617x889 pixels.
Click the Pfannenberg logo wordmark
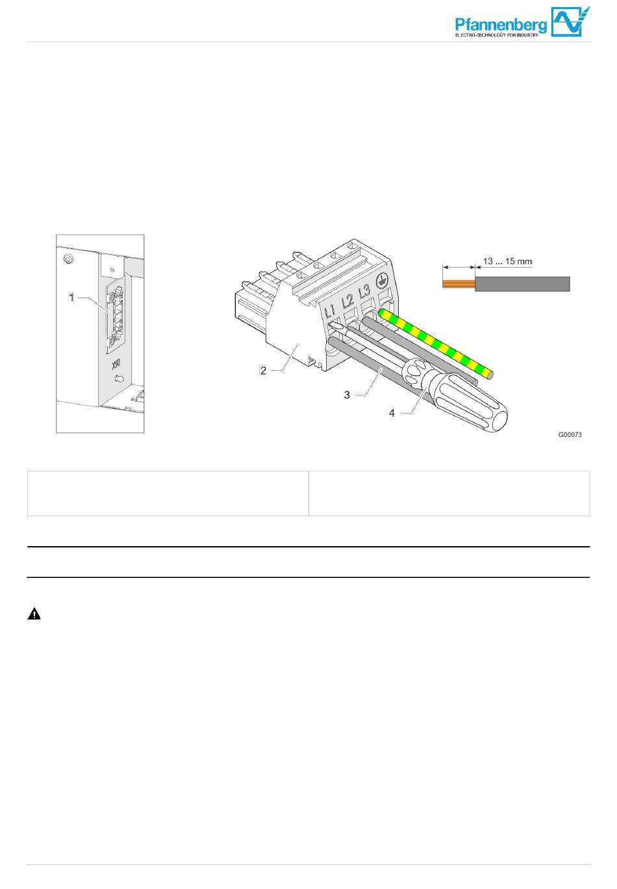(x=501, y=25)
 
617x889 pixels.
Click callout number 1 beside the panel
(x=71, y=297)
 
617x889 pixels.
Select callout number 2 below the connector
(x=263, y=370)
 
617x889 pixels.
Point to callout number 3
(x=347, y=394)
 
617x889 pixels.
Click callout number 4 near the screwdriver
(x=392, y=413)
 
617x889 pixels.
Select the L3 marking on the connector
(x=364, y=292)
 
